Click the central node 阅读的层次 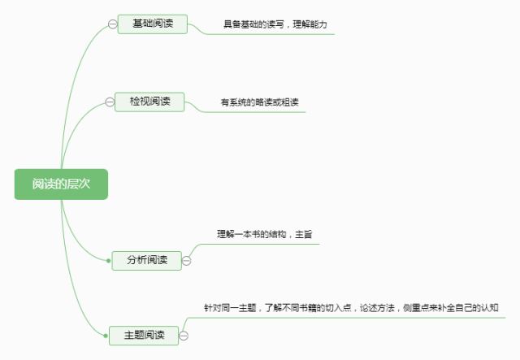click(61, 184)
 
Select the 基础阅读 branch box click(152, 24)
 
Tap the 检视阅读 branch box click(150, 102)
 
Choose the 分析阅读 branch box click(147, 260)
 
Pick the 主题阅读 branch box click(144, 334)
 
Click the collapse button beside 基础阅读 click(112, 24)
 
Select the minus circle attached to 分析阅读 click(186, 260)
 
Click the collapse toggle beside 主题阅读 click(184, 334)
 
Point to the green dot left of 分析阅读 click(107, 260)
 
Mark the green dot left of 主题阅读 click(106, 334)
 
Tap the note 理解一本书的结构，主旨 click(265, 234)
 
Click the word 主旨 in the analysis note click(304, 234)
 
